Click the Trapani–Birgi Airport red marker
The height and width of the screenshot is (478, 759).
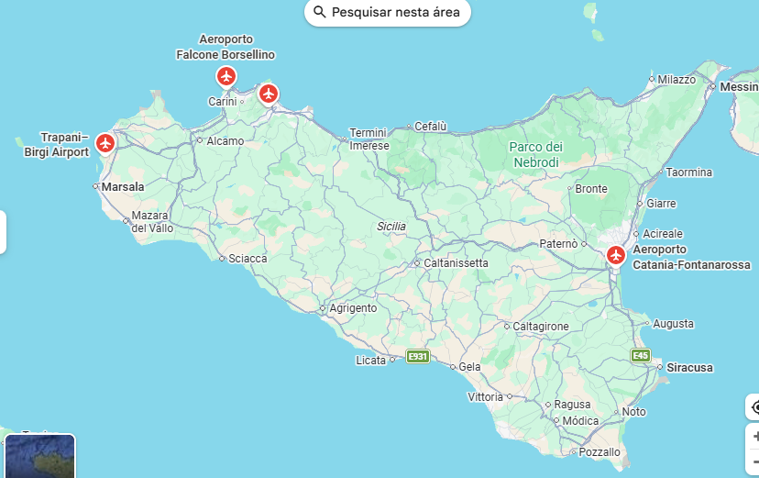pos(105,143)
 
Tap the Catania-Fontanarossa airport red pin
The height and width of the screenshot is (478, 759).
pos(616,255)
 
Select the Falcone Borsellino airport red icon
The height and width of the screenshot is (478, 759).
pos(226,76)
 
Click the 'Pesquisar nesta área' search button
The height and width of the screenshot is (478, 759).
pos(388,12)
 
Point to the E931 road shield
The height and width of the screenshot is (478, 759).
pos(418,356)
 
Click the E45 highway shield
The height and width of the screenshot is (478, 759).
pos(641,355)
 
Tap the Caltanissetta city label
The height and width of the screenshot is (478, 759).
pos(456,263)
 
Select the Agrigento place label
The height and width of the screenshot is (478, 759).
pos(353,308)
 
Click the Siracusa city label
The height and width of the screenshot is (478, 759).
pos(689,367)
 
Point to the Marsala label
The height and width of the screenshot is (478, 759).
pos(123,186)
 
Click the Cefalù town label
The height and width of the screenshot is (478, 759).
pos(430,126)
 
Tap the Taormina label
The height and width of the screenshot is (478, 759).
pos(688,172)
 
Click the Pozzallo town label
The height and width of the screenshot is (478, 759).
pos(599,451)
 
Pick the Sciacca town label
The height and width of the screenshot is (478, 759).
pos(247,259)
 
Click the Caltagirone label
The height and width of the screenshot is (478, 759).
pos(541,326)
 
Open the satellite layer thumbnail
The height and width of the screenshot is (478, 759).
pos(39,456)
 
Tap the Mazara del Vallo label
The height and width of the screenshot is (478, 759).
pos(151,221)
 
